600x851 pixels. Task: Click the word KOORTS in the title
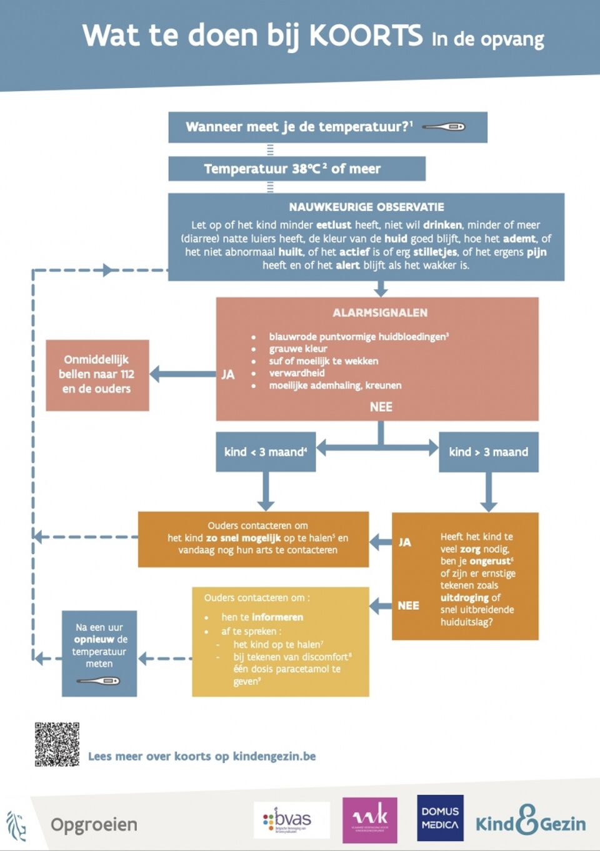pos(366,36)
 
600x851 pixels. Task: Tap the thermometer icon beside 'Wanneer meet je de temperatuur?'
pos(443,127)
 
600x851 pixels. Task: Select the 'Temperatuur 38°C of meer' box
pos(296,169)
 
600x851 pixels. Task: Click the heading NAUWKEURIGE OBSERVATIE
pos(366,207)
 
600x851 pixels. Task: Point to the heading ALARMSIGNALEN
pos(380,312)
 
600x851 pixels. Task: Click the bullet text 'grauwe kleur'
pos(298,349)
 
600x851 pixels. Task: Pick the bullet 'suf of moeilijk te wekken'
pos(323,361)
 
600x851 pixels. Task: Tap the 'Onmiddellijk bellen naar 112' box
pos(97,375)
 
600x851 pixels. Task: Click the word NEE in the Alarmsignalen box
pos(381,407)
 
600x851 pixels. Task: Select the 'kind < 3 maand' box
pos(266,452)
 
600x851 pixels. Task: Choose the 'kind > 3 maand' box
pos(488,452)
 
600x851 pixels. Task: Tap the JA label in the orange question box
pos(405,542)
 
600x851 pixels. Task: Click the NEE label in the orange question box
pos(408,605)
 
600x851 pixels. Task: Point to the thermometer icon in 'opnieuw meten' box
pos(99,680)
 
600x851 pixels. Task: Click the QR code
pos(57,744)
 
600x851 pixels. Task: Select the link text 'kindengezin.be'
pos(274,756)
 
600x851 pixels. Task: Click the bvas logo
pos(291,820)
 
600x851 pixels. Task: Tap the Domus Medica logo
pos(440,818)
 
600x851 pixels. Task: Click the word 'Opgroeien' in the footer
pos(94,824)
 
